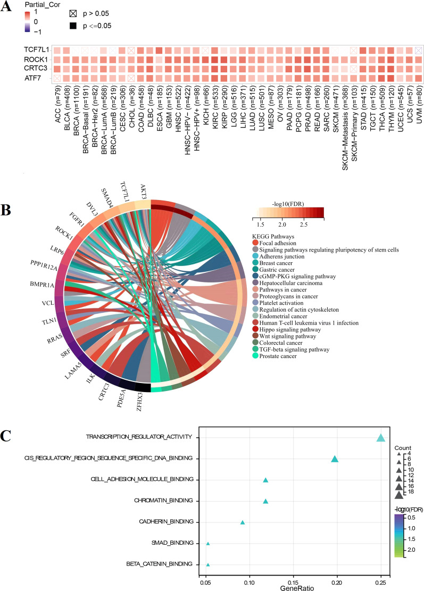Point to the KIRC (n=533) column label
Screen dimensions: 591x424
(x=214, y=106)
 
